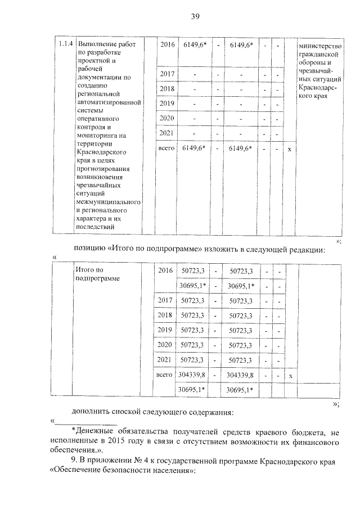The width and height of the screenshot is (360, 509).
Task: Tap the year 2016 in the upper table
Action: [167, 44]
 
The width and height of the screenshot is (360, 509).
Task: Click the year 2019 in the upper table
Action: [167, 103]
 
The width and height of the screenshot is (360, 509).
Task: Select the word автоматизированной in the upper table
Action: [108, 102]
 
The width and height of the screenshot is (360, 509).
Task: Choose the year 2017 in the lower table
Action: [165, 301]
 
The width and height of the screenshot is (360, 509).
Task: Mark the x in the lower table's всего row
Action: [290, 375]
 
